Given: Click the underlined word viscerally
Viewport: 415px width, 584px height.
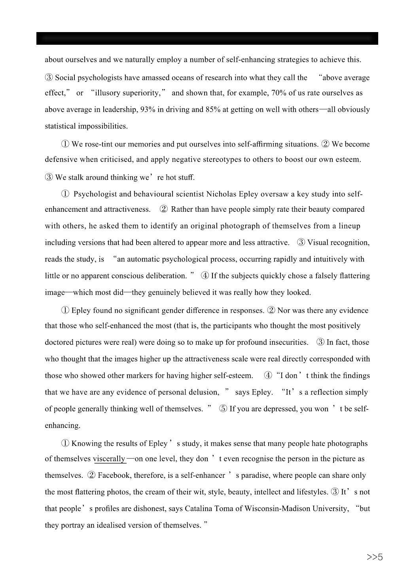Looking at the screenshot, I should pyautogui.click(x=109, y=459).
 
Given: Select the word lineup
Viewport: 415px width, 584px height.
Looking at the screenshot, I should pyautogui.click(x=349, y=226).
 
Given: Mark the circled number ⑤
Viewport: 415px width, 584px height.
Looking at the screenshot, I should pyautogui.click(x=223, y=409).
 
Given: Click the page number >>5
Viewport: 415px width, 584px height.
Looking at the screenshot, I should pyautogui.click(x=375, y=557).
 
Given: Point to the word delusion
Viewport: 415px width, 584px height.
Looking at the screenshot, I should pyautogui.click(x=201, y=392).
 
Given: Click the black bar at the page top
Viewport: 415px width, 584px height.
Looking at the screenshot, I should pyautogui.click(x=207, y=38).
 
